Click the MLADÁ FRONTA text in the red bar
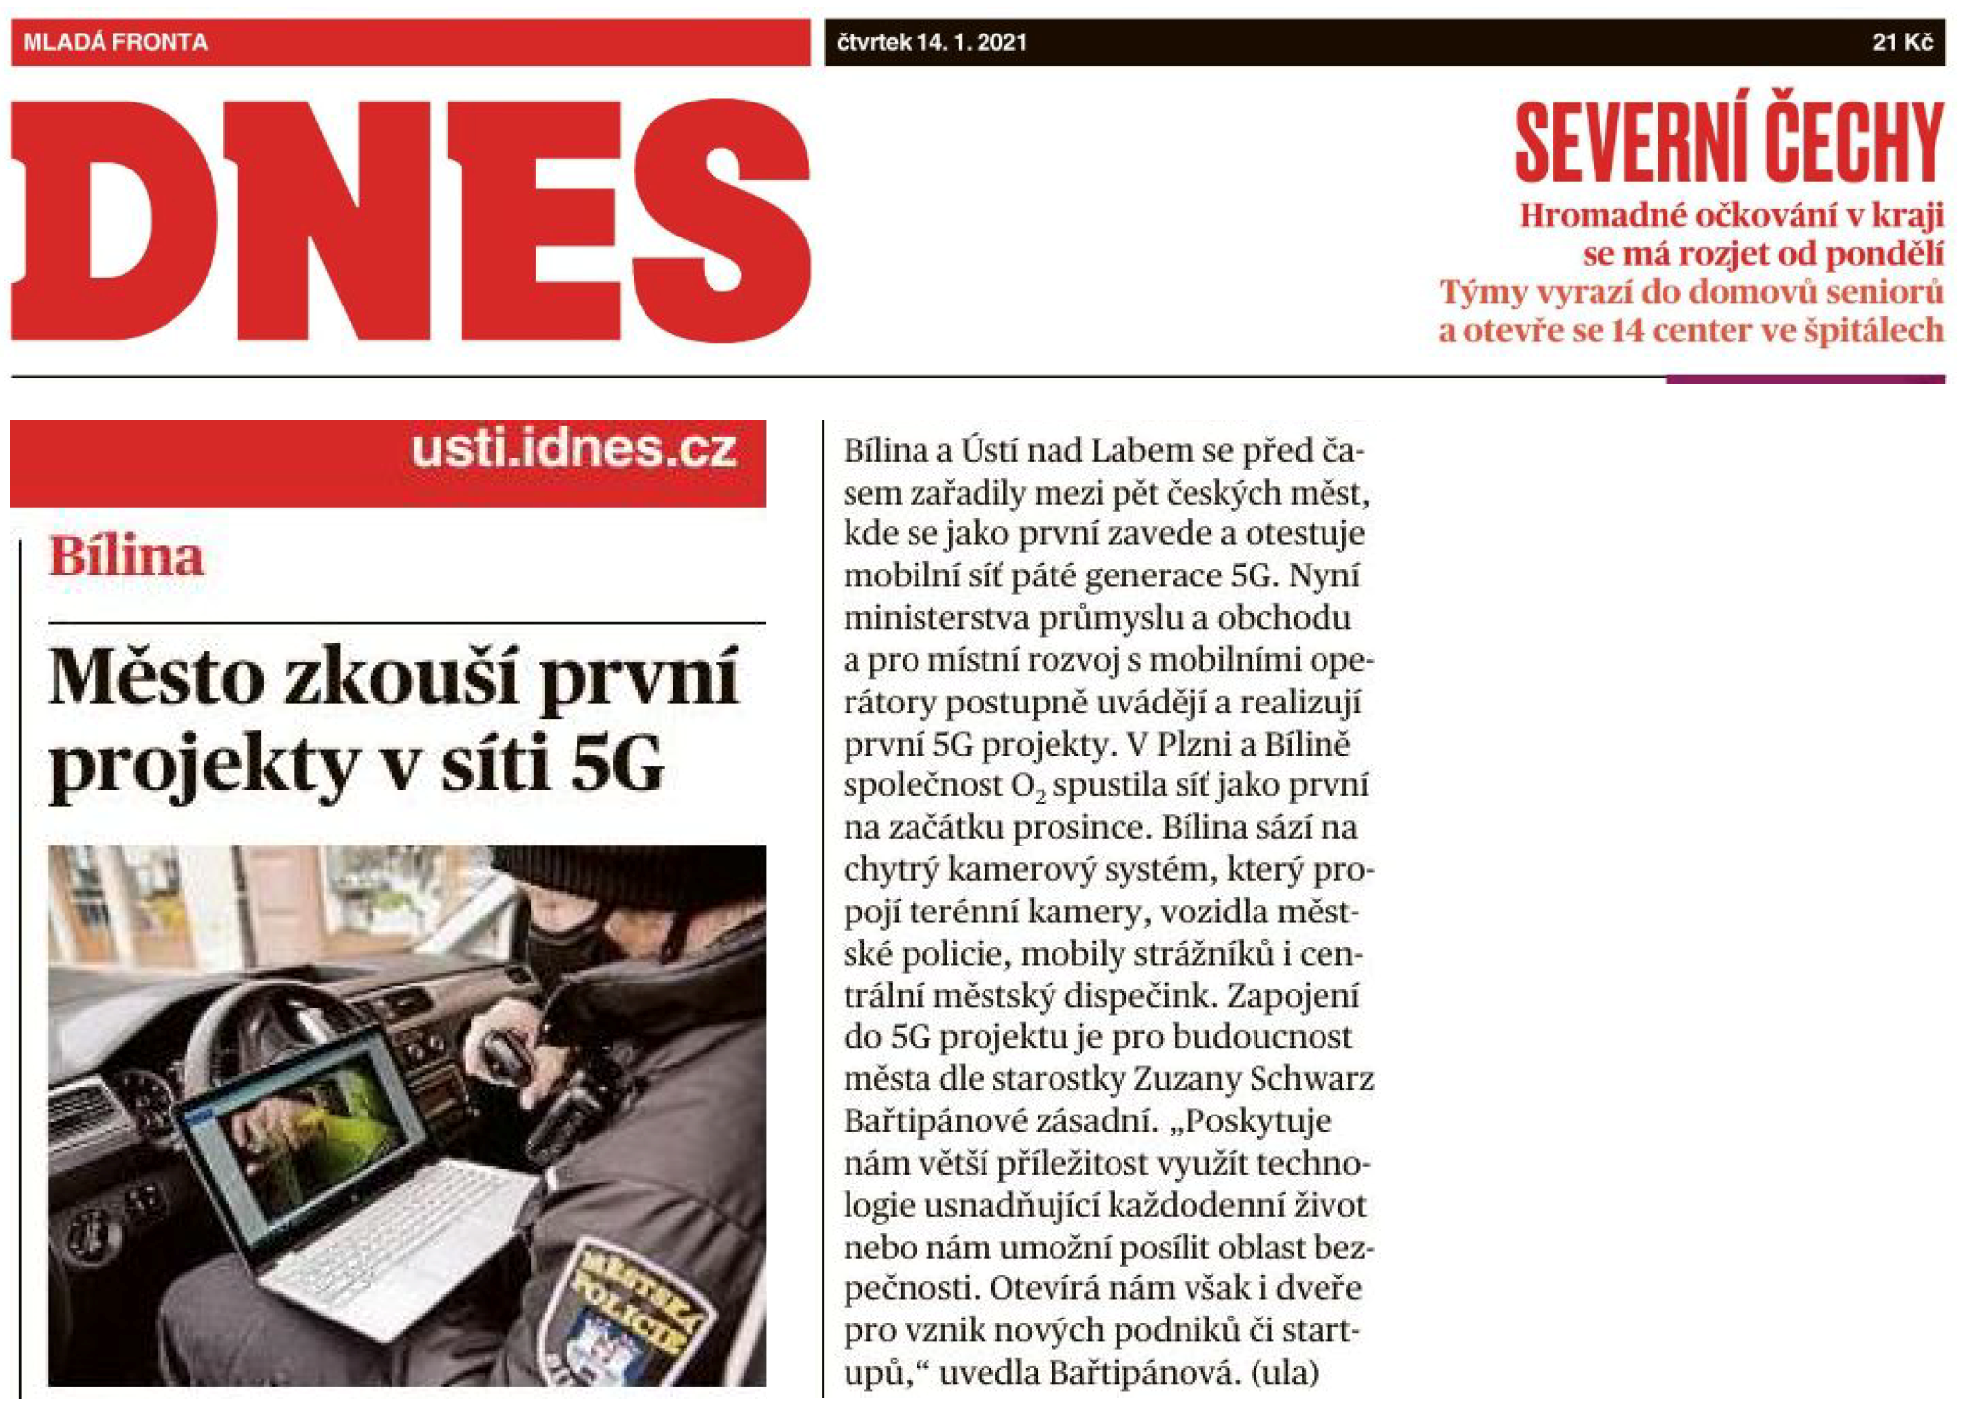[x=115, y=42]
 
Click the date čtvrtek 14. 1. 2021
[x=931, y=42]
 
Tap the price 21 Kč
[x=1902, y=42]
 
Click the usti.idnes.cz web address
[x=574, y=450]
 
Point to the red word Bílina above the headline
[x=126, y=557]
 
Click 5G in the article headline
[x=617, y=764]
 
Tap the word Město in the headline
[x=157, y=678]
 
